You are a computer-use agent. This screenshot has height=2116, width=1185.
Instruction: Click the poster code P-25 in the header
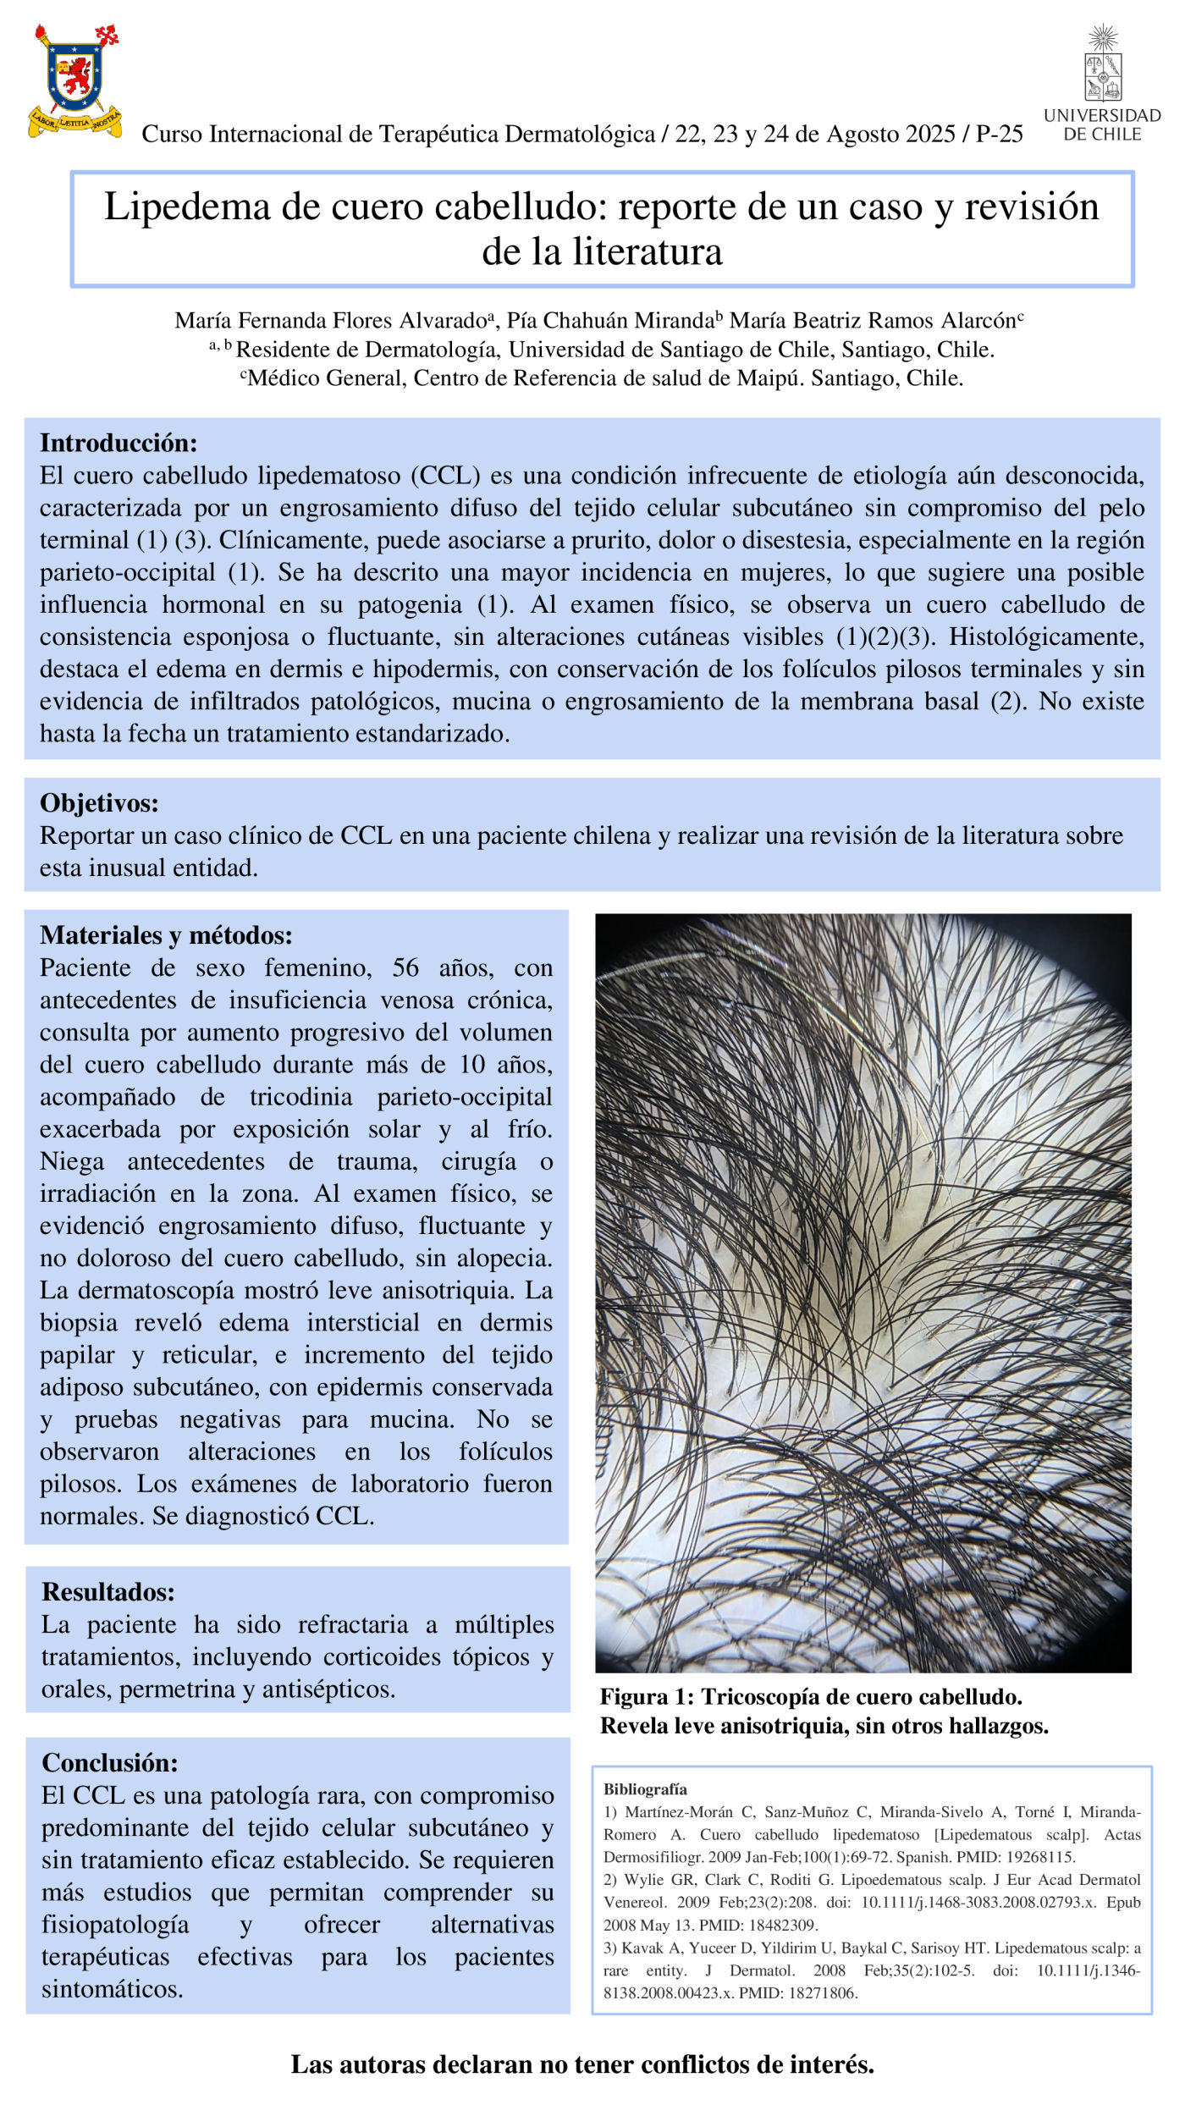coord(999,135)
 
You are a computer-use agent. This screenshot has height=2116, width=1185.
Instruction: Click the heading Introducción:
coord(118,443)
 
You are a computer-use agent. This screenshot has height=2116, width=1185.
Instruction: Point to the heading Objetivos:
coord(99,803)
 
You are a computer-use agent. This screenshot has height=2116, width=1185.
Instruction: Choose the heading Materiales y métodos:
coord(166,935)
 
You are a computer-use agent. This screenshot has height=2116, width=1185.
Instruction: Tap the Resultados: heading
coord(108,1592)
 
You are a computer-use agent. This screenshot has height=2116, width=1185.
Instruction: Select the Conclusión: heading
coord(110,1763)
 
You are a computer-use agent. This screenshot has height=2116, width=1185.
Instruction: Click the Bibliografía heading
coord(645,1789)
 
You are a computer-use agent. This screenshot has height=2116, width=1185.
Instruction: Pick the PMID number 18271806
coord(826,1993)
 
